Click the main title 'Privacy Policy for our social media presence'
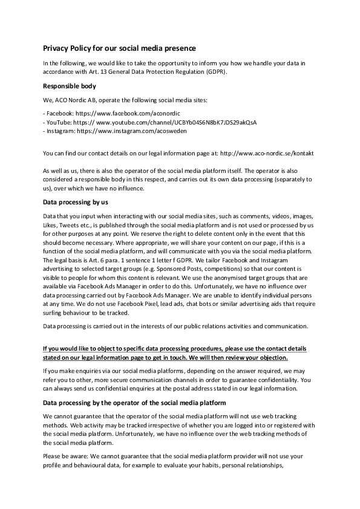tap(119, 48)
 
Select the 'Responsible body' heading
tap(71, 86)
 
